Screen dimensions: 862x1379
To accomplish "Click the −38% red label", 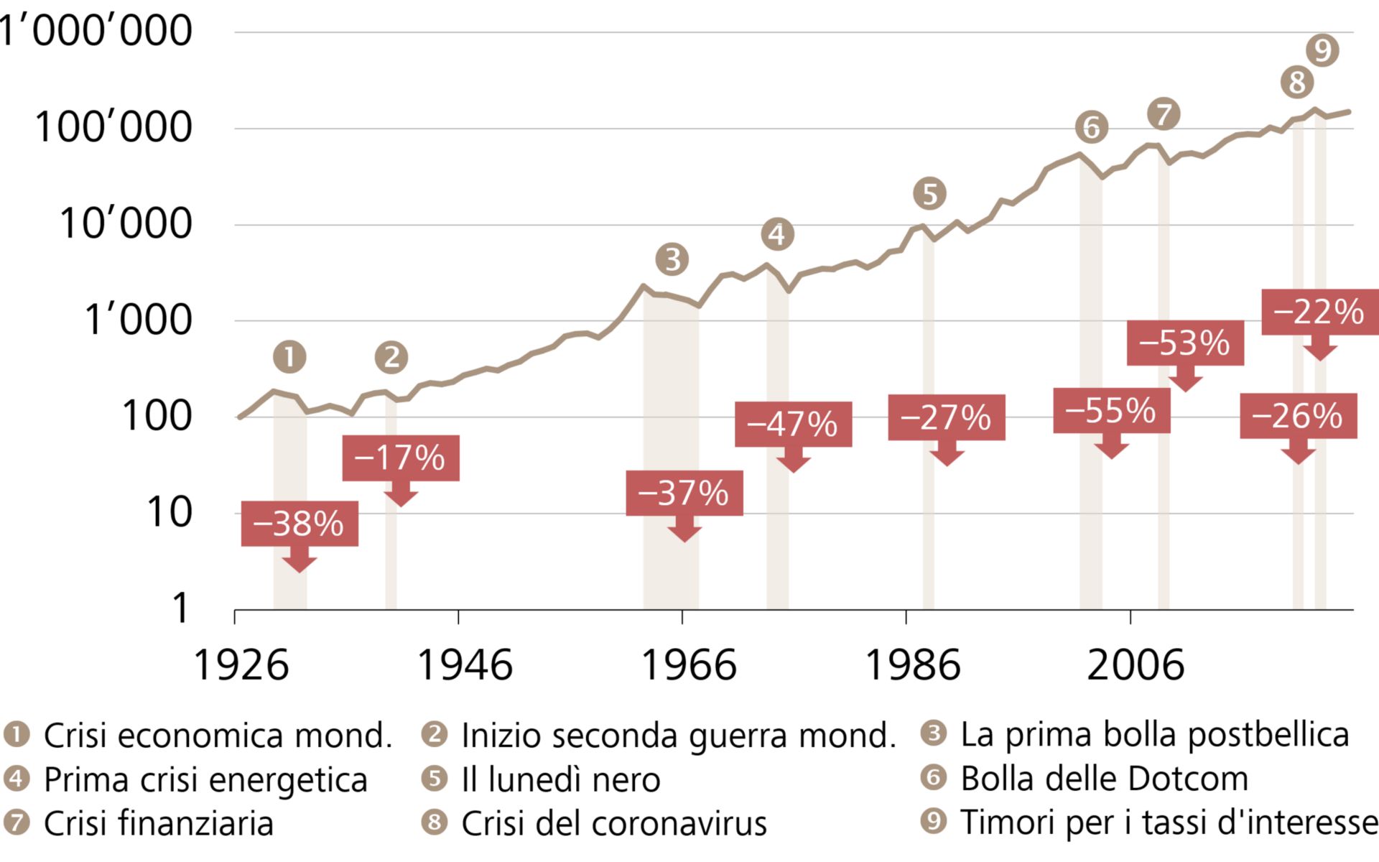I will [x=300, y=524].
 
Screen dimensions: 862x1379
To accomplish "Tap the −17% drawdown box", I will [x=401, y=458].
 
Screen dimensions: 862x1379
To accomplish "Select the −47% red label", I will [x=793, y=424].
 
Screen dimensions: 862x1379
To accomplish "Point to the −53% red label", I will [x=1185, y=343].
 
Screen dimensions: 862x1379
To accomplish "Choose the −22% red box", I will [x=1319, y=312].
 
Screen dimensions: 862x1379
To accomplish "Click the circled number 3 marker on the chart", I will [x=672, y=259].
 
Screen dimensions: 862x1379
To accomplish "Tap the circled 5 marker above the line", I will [x=929, y=194].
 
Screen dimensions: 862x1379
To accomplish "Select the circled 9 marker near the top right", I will [x=1322, y=50].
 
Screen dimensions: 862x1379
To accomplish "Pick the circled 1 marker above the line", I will [x=289, y=357].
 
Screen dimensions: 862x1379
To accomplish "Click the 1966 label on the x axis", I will [x=688, y=664].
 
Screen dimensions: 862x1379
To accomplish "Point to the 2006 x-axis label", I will [x=1136, y=664].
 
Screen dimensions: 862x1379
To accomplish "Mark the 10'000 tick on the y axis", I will [x=126, y=223].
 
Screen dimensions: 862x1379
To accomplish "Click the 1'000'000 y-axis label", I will [x=96, y=31].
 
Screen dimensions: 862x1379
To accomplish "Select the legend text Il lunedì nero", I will [x=560, y=779].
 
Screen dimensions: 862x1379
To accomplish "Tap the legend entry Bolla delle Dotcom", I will [x=1104, y=779].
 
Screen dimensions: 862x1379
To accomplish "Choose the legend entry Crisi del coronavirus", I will [x=613, y=823].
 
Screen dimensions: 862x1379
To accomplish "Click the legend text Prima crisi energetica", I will [x=205, y=779].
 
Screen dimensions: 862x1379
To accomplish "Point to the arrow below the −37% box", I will [x=684, y=530].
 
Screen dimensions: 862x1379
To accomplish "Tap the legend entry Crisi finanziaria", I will [x=158, y=823].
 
